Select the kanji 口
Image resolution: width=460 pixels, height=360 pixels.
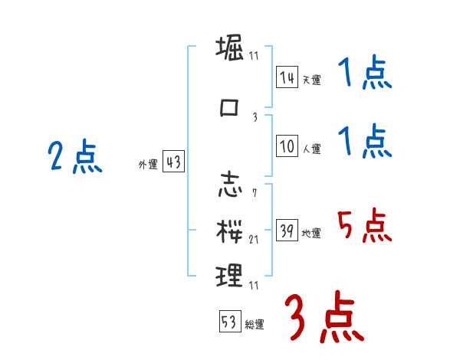[230, 108]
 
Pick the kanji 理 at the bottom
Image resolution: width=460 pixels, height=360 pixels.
[230, 273]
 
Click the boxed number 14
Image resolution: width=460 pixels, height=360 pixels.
[287, 77]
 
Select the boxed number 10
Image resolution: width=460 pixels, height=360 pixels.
[287, 146]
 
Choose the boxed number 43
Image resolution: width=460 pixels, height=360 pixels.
[173, 162]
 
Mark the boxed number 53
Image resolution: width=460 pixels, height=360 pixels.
[229, 322]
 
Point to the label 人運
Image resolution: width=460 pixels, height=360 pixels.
[310, 149]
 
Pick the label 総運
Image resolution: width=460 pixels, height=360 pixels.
[254, 325]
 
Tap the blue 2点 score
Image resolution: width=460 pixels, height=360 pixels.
[74, 159]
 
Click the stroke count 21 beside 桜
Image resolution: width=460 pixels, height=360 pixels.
[254, 239]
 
